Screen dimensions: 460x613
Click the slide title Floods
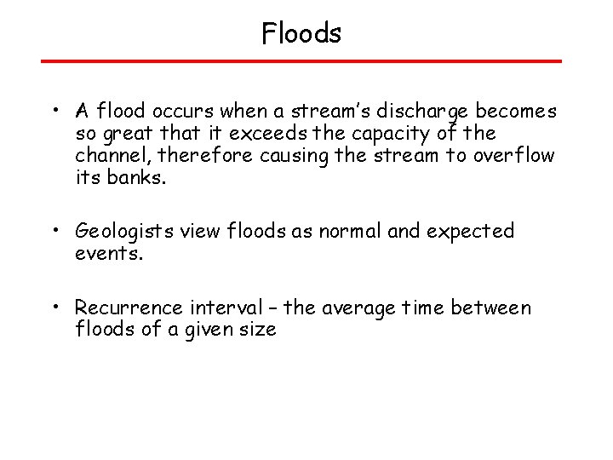click(x=301, y=34)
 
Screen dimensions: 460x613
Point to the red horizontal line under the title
click(x=301, y=61)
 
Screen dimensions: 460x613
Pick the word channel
click(x=108, y=156)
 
